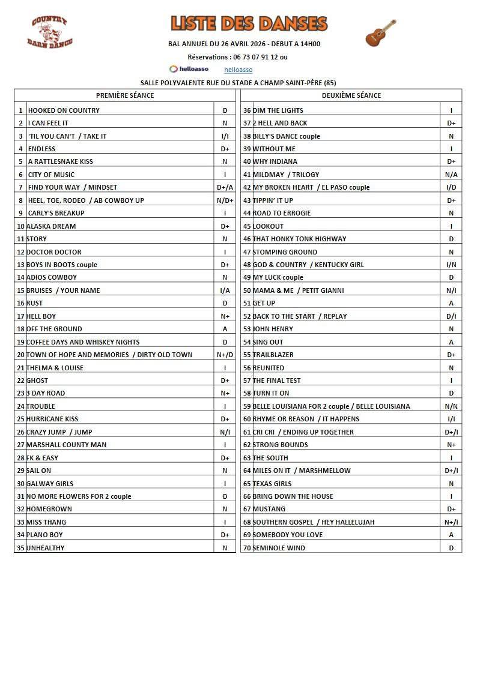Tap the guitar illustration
coord(381,32)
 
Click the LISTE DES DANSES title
coord(249,23)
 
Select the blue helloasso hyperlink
coord(238,70)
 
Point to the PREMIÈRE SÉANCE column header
coord(125,95)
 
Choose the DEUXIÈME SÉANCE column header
coord(351,95)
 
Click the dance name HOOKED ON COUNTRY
coord(64,110)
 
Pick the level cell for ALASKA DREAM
coord(225,226)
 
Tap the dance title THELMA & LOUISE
coord(55,368)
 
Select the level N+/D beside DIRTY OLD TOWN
coord(225,355)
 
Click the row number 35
coord(20,548)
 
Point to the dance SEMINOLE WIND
coord(279,548)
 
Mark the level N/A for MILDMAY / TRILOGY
coord(451,175)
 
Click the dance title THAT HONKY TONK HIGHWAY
coord(299,239)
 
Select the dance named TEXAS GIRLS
coord(272,484)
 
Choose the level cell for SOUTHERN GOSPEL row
coord(451,522)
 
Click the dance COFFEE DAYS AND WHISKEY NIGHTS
coord(83,342)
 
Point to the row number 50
coord(247,290)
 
